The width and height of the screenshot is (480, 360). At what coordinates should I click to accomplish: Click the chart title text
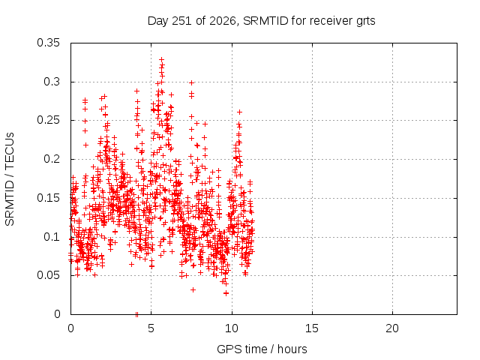coord(261,21)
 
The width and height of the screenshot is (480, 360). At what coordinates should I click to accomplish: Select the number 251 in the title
coord(182,21)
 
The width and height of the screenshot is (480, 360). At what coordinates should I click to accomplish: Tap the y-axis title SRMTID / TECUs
coord(10,179)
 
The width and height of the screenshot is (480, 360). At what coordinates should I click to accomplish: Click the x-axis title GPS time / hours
coord(262,349)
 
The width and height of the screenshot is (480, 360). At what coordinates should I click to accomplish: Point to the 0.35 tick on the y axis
coord(48,43)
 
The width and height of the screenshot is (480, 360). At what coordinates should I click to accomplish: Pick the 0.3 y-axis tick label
coord(52,82)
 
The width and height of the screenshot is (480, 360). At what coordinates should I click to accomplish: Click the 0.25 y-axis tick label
coord(48,120)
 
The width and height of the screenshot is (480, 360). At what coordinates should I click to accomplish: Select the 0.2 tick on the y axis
coord(52,159)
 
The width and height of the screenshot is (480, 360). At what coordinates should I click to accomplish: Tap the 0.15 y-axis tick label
coord(48,198)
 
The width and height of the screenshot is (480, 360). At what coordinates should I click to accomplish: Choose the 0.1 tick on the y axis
coord(52,237)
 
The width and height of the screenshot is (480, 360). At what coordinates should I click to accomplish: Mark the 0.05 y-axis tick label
coord(48,275)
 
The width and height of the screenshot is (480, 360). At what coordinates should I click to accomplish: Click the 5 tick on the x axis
coord(151,328)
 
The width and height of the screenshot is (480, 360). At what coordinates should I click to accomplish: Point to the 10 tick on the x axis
coord(232,328)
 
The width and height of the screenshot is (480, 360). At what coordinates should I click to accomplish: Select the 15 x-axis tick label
coord(312,328)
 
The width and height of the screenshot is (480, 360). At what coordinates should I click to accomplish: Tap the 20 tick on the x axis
coord(392,328)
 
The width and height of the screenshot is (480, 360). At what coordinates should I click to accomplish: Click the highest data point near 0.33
coord(162,60)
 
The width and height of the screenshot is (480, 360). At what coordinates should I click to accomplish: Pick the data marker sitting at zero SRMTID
coord(136,314)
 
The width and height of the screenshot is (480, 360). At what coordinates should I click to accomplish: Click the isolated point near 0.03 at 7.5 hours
coord(193,289)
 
